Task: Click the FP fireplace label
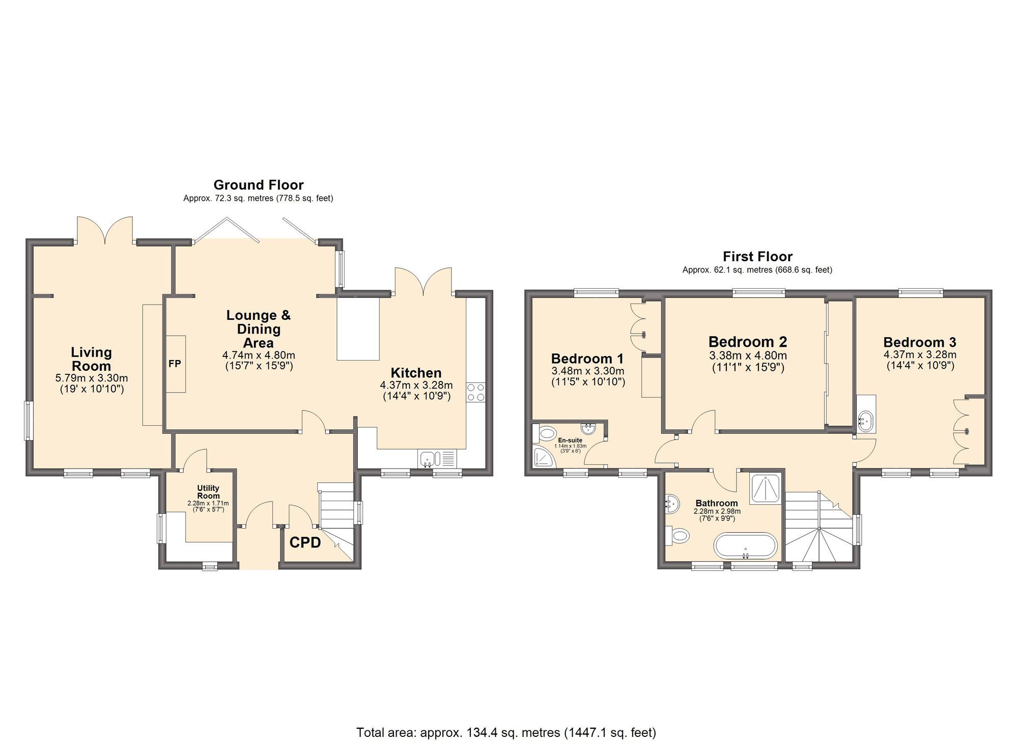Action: pyautogui.click(x=175, y=364)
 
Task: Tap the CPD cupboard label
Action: pyautogui.click(x=305, y=543)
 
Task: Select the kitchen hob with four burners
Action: pyautogui.click(x=476, y=393)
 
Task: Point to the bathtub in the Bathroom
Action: pyautogui.click(x=746, y=546)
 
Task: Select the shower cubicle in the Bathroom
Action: pyautogui.click(x=766, y=488)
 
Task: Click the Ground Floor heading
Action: pyautogui.click(x=258, y=185)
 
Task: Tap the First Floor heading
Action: pyautogui.click(x=757, y=257)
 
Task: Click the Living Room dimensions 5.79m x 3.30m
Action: pyautogui.click(x=91, y=378)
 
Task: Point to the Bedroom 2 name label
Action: pyautogui.click(x=747, y=342)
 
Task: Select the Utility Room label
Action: pyautogui.click(x=208, y=492)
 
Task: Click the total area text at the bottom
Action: pyautogui.click(x=506, y=732)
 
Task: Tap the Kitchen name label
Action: pyautogui.click(x=416, y=373)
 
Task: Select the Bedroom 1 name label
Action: pyautogui.click(x=587, y=359)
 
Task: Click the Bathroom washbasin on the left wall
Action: pyautogui.click(x=672, y=504)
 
